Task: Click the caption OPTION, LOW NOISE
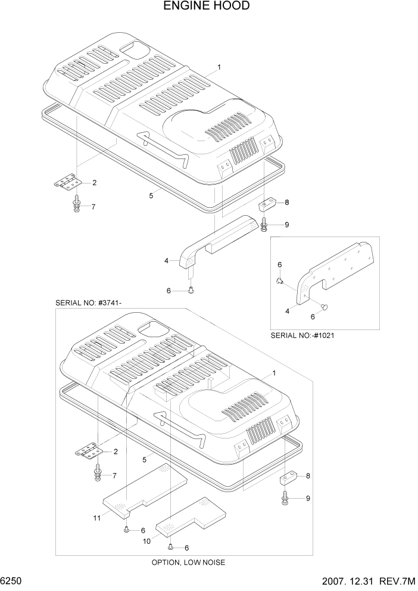188,562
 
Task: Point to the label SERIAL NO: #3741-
89,303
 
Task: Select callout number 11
96,518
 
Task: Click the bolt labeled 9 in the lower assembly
285,497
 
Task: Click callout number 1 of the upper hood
219,67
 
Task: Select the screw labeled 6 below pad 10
171,546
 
